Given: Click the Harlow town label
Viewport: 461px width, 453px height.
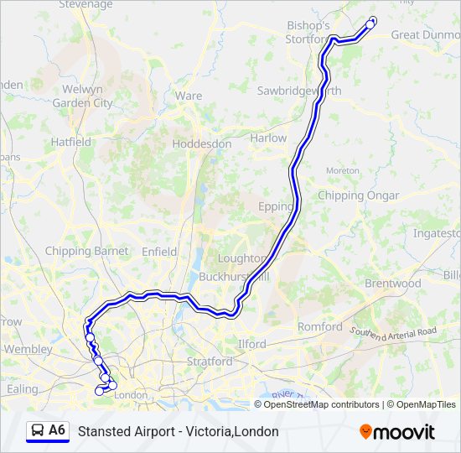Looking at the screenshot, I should (x=268, y=138).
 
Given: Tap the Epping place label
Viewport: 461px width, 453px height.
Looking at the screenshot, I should (x=276, y=206).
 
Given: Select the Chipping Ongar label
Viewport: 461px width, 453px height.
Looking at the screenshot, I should (x=352, y=195).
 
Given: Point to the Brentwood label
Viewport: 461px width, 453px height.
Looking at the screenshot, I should (x=392, y=284).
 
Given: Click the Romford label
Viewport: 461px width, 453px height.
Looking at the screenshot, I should (x=319, y=326).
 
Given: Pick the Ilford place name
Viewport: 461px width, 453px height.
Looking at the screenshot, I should (x=251, y=344).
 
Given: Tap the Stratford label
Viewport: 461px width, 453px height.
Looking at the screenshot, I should (x=210, y=362).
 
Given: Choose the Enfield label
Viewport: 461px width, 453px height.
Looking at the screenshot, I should (x=159, y=252).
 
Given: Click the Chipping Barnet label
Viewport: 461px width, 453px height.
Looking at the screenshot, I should (x=86, y=251).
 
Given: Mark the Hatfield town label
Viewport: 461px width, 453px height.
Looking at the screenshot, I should (x=71, y=142).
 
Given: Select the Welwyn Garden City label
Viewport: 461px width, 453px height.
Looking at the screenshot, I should (x=82, y=96).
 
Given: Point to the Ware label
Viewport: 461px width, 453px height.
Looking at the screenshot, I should (x=189, y=96).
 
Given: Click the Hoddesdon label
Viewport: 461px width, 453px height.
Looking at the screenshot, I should (x=201, y=143).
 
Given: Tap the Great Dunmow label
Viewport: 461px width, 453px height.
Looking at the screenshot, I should (x=426, y=34).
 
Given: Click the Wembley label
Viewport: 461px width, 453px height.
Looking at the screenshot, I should (x=28, y=349).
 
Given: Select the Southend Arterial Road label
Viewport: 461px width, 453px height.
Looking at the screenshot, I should (x=393, y=333).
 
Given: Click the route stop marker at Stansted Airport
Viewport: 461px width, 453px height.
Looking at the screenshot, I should (x=370, y=24).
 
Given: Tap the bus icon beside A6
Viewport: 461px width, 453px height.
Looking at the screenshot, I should (x=37, y=431).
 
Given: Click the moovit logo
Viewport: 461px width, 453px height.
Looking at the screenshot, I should (x=397, y=432).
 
